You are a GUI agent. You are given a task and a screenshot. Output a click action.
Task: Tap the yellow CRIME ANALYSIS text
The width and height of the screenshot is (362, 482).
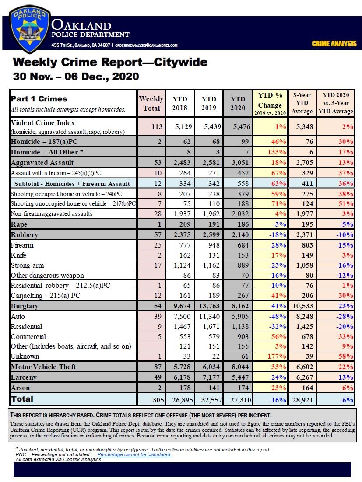click(x=334, y=44)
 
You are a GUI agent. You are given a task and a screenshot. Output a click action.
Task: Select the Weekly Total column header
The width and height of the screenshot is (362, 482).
click(x=151, y=103)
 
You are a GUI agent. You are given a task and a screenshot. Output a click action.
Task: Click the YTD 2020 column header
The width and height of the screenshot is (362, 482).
click(x=238, y=103)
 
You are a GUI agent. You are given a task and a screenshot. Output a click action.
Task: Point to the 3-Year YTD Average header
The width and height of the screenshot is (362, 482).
click(x=302, y=103)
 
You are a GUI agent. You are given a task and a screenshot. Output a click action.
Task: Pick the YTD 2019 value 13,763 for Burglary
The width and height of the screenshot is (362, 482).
click(x=209, y=306)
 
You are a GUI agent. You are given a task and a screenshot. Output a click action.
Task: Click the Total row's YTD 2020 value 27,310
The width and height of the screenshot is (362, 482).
click(x=238, y=399)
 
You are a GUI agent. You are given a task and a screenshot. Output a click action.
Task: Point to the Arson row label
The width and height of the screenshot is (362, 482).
click(x=20, y=387)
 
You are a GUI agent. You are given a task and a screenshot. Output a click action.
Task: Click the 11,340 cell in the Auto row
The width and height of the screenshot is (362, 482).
click(x=209, y=316)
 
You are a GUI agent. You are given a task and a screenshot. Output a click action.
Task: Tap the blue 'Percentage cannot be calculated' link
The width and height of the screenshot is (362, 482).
click(x=134, y=454)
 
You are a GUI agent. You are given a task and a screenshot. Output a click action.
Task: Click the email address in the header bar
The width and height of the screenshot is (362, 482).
click(x=147, y=45)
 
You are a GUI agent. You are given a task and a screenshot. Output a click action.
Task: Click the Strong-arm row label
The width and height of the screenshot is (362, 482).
click(x=27, y=265)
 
